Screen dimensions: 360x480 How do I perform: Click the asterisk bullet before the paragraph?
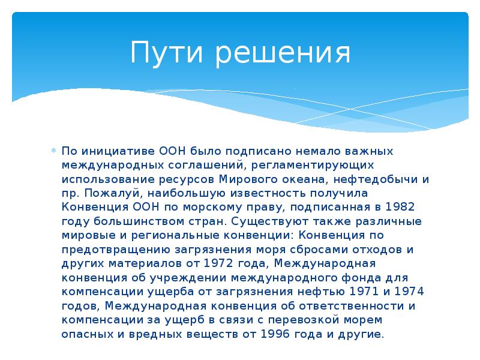53,151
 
